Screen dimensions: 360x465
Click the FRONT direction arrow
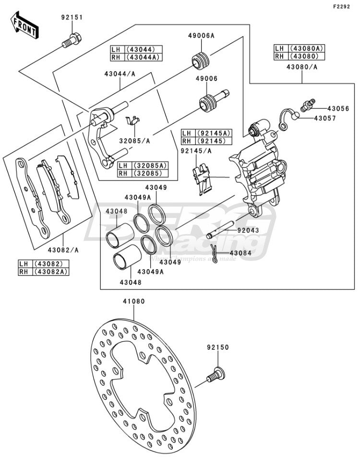[24, 25]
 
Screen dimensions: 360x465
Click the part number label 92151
[72, 17]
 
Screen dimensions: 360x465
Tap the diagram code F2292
[341, 7]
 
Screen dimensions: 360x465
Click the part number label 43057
[325, 119]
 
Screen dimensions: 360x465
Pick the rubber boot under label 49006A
[200, 60]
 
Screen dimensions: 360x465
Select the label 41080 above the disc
[134, 301]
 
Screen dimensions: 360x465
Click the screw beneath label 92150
[216, 375]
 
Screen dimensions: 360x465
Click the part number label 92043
[248, 230]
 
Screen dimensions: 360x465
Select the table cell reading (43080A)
[307, 48]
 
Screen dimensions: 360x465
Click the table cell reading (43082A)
[51, 272]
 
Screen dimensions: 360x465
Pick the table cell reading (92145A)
[216, 133]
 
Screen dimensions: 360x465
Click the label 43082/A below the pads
[63, 250]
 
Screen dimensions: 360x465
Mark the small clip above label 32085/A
[132, 120]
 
